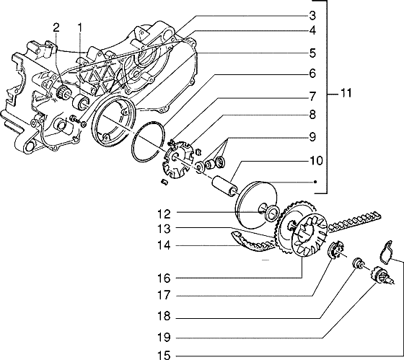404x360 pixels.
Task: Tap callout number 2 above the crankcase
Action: coord(56,27)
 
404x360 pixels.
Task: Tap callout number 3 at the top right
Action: coord(312,15)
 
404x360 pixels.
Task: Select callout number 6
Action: coord(312,73)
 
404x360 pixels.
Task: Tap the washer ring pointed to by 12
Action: coord(271,213)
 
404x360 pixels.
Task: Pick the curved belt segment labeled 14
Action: coord(251,242)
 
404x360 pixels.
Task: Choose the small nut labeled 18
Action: coord(356,263)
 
